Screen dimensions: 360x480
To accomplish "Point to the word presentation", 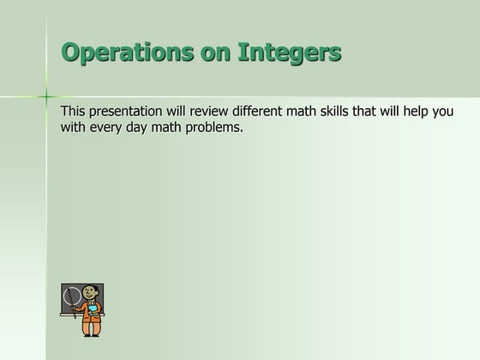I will (133, 112).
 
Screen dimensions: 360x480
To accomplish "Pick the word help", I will (421, 112).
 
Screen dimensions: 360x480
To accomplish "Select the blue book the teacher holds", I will (92, 309).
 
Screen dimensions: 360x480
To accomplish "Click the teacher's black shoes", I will (91, 333).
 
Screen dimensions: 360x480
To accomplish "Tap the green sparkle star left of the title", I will (47, 96).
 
